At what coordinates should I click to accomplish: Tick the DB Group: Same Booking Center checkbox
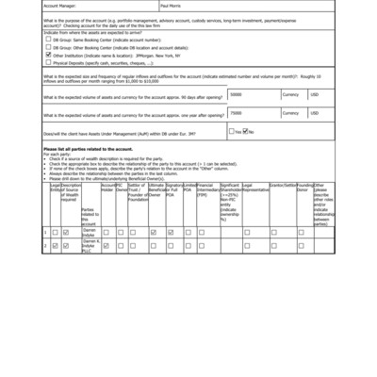pos(48,41)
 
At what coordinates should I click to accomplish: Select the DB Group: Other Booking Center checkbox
pos(48,48)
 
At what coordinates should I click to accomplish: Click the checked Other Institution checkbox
pos(48,56)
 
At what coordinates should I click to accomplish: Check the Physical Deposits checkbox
pos(48,62)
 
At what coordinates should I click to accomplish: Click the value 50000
pos(237,94)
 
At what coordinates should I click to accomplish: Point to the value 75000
pos(237,112)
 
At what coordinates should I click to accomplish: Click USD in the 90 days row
pos(315,94)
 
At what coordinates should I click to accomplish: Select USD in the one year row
pos(315,112)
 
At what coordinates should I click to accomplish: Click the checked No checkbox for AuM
pos(248,132)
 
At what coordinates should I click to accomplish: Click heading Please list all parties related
pos(90,149)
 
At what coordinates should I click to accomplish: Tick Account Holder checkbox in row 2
pos(107,245)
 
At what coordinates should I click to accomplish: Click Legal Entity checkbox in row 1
pos(54,231)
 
